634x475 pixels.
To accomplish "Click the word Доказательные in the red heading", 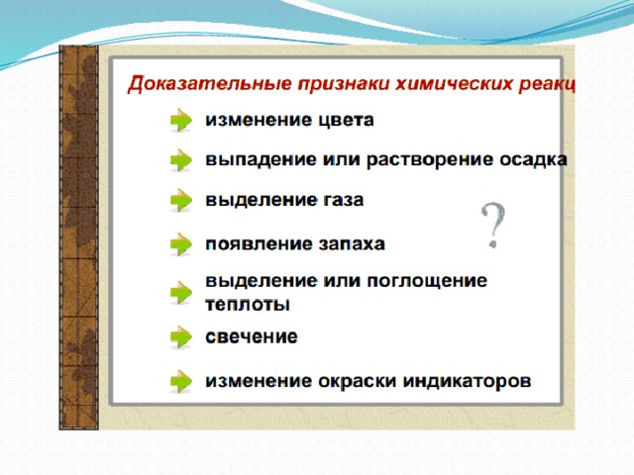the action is click(209, 85).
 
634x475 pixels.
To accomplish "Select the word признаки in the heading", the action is click(343, 84).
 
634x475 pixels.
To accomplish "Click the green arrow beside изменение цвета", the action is click(180, 120).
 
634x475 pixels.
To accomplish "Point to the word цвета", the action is click(346, 121).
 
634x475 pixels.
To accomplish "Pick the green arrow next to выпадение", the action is click(180, 160).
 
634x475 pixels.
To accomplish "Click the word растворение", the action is click(430, 160).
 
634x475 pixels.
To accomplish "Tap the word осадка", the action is click(533, 159).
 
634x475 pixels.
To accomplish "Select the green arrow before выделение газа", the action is click(180, 200).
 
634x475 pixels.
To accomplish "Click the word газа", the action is click(344, 200).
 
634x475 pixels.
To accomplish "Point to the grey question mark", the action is click(493, 225).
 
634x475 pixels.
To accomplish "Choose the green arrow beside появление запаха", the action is click(180, 244).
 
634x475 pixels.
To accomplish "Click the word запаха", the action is click(352, 244).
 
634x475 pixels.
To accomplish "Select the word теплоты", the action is click(248, 304).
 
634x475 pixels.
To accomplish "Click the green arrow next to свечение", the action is click(180, 336).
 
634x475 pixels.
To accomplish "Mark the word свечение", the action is click(252, 336).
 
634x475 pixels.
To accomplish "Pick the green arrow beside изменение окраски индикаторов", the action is click(180, 381).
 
